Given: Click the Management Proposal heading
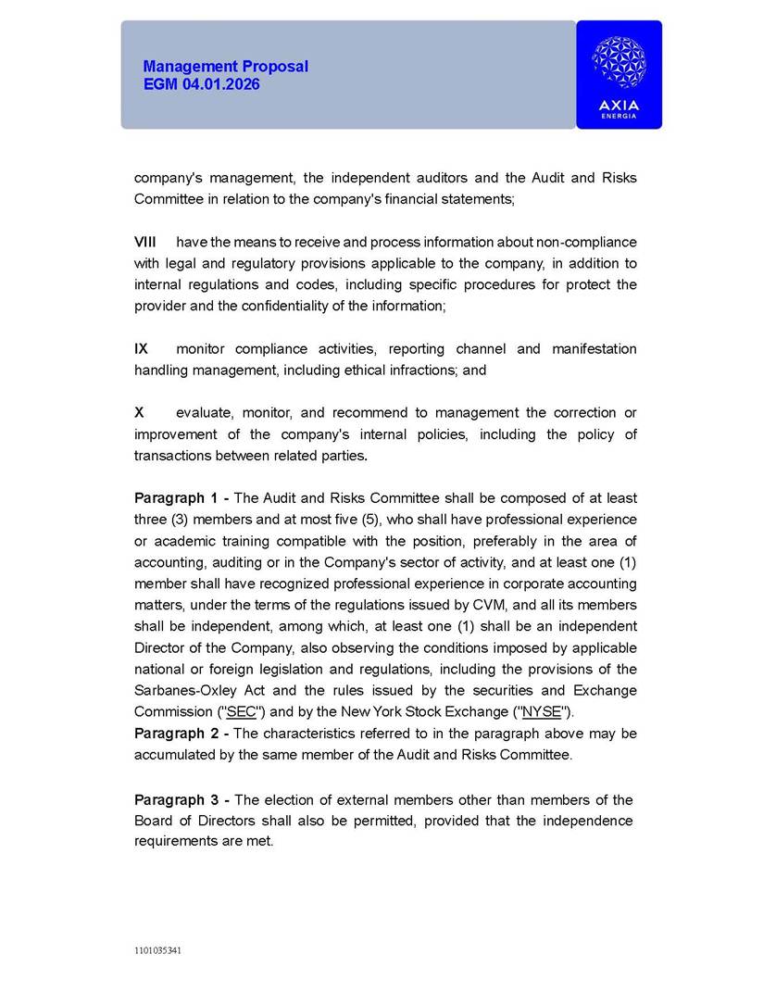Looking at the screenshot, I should [x=225, y=67].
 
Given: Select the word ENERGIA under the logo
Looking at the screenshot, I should [x=619, y=116].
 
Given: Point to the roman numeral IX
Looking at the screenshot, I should [x=141, y=349].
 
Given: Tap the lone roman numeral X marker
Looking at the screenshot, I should [x=139, y=413].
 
